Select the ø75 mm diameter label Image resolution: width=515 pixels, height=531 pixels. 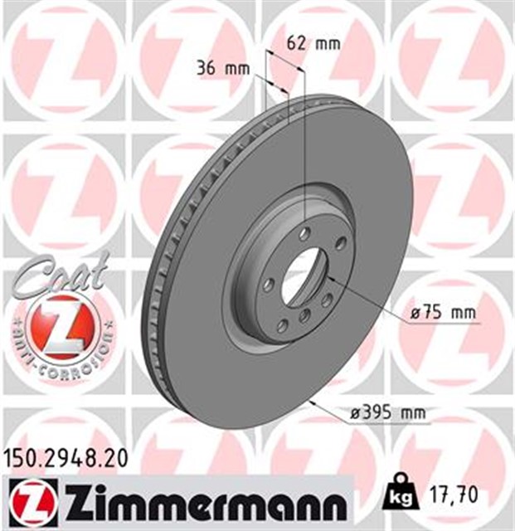point(445,313)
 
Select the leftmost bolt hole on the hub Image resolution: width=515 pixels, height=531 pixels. point(268,285)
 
